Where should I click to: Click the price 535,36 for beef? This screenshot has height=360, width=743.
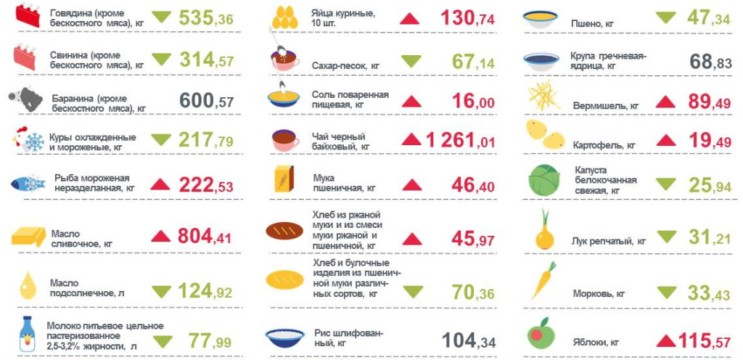205,19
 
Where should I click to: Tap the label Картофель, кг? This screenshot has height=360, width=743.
603,145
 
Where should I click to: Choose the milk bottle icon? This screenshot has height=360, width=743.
28,335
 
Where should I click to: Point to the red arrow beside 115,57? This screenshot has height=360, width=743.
665,340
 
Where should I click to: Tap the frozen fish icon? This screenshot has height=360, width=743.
29,181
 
